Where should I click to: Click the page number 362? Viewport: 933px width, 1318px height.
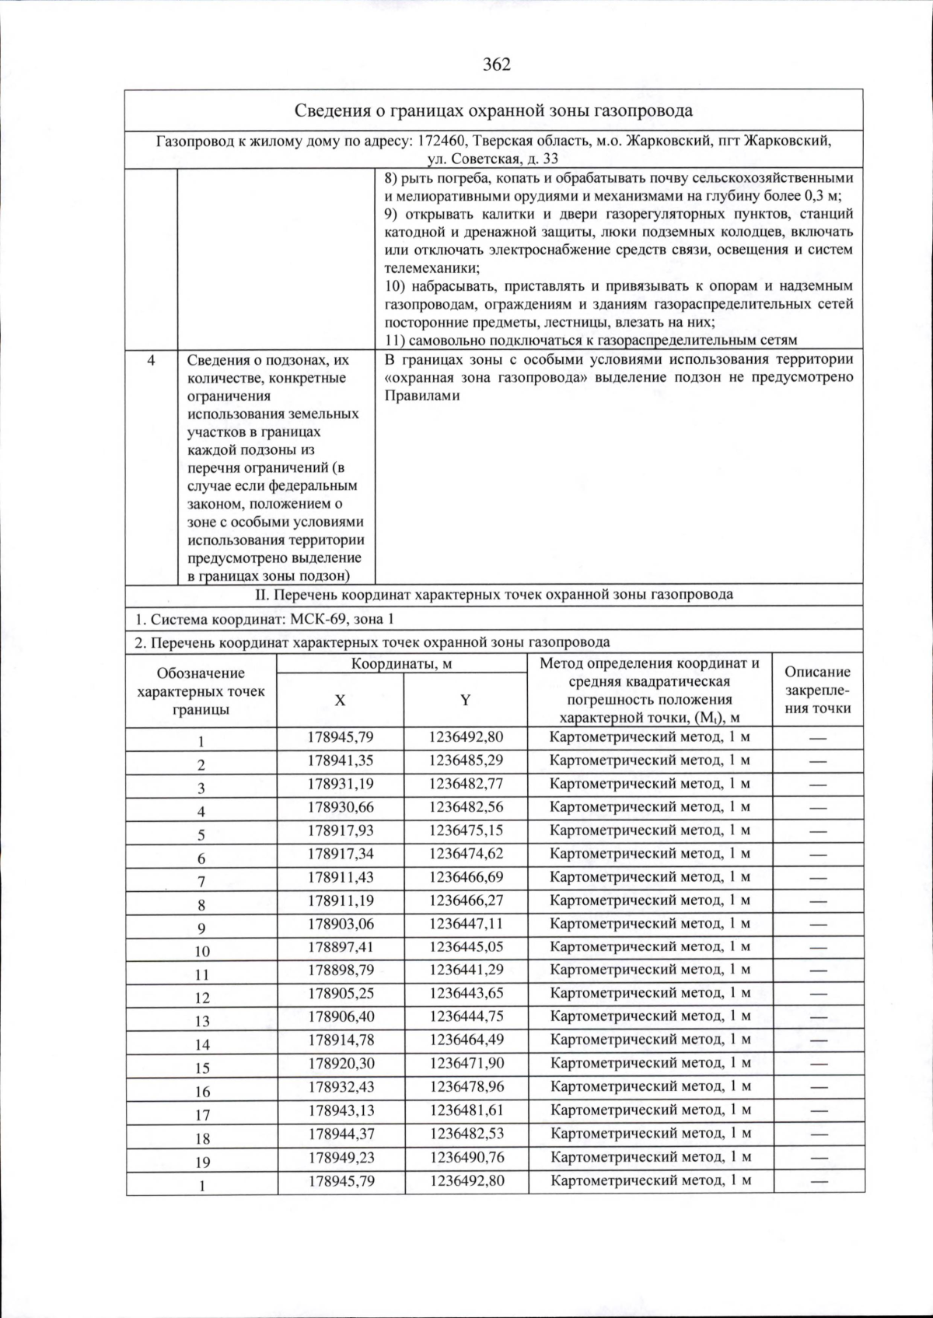pos(496,65)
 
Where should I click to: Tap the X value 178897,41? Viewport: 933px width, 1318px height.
pos(341,946)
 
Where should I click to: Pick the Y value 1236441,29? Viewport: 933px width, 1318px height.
pos(466,970)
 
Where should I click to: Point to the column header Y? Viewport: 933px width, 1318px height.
pos(465,700)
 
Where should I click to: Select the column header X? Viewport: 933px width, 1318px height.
pos(340,700)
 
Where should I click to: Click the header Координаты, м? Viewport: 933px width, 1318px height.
pos(401,663)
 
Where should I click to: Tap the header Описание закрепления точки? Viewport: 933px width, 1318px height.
pos(817,690)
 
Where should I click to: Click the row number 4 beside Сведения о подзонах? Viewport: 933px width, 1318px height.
pos(151,360)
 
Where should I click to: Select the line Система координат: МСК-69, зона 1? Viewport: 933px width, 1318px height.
pos(265,620)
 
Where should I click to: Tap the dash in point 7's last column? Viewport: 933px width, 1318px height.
pos(818,878)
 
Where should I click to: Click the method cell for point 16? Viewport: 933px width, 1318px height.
pos(650,1086)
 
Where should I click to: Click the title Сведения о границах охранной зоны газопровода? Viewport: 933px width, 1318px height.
pos(494,110)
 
